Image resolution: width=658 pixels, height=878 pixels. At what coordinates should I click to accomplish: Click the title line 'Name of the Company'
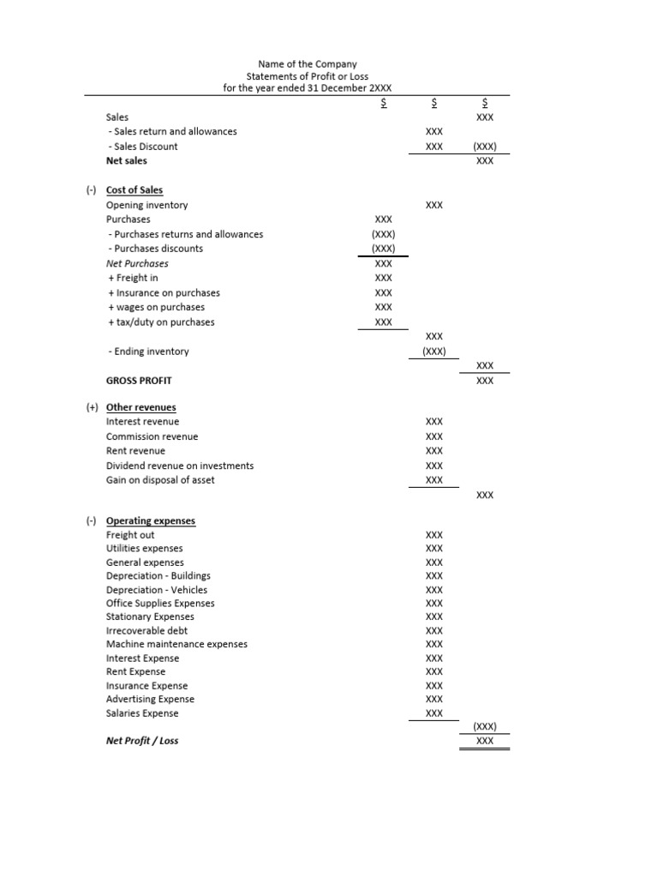click(308, 63)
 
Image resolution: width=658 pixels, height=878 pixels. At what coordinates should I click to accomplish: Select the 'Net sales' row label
click(127, 160)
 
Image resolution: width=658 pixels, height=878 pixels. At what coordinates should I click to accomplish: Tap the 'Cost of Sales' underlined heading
click(135, 190)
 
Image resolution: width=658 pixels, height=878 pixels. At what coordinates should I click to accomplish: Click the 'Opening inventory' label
click(147, 205)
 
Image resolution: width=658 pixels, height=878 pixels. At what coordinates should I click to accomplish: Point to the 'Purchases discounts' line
click(156, 249)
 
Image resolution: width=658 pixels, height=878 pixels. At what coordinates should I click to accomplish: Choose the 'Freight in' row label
click(133, 278)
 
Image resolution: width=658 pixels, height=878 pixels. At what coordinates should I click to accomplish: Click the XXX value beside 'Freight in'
click(384, 278)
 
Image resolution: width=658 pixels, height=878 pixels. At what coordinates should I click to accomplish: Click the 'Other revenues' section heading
click(141, 407)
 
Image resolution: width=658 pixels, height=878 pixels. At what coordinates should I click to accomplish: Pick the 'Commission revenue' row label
click(152, 436)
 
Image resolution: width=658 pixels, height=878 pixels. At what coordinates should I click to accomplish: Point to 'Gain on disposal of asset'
click(160, 480)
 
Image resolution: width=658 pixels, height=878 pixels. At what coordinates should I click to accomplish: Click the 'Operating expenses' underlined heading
click(151, 520)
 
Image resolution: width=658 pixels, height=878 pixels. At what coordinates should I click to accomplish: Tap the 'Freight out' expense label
click(130, 535)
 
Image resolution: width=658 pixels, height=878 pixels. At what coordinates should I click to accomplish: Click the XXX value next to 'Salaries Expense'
click(434, 713)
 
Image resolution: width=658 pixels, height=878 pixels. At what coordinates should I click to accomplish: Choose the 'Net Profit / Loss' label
click(142, 741)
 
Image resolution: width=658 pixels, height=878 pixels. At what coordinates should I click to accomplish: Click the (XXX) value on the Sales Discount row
click(485, 147)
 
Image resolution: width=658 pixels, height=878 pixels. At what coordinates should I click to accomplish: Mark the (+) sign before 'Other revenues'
click(93, 407)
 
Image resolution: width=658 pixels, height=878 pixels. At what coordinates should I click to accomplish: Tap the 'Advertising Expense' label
click(150, 700)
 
